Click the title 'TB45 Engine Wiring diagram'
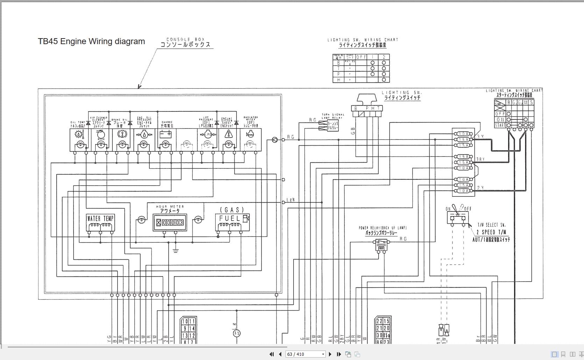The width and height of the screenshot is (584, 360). point(91,41)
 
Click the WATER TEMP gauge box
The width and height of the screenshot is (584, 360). point(100,222)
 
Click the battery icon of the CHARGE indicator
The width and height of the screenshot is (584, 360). point(165,134)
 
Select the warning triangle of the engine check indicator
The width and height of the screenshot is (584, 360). point(229,134)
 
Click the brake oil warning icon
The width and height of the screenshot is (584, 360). point(122,134)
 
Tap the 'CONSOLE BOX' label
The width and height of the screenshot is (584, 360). point(185,40)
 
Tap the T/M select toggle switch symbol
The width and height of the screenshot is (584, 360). point(458,217)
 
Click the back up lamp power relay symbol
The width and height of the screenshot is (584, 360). point(381,245)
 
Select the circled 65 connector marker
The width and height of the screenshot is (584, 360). point(237,333)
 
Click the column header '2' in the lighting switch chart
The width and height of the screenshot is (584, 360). point(384,57)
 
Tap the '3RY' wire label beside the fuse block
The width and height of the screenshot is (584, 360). point(480,159)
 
